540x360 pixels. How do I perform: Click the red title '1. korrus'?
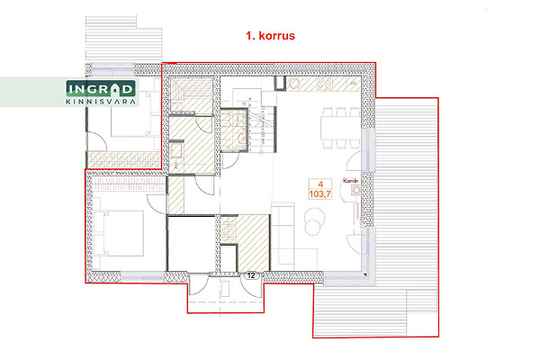point(270,36)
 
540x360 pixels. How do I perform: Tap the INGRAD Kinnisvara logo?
point(100,93)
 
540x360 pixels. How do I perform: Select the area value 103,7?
point(319,194)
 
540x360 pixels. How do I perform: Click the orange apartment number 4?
point(320,184)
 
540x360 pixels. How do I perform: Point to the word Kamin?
point(351,181)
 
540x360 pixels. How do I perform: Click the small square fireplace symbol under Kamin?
point(355,190)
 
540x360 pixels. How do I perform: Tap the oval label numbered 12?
point(251,275)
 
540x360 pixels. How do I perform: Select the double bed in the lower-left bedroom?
point(119,233)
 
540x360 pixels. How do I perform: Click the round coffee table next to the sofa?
point(314,220)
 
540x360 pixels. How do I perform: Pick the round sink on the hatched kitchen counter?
point(294,84)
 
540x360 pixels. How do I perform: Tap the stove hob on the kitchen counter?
point(325,84)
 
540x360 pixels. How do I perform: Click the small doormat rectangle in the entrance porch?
point(226,289)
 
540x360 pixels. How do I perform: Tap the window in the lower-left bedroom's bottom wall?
point(142,277)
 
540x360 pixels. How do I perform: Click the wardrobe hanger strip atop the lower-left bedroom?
point(130,184)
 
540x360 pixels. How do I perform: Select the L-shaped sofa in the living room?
point(292,237)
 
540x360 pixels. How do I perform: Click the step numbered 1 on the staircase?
point(251,150)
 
